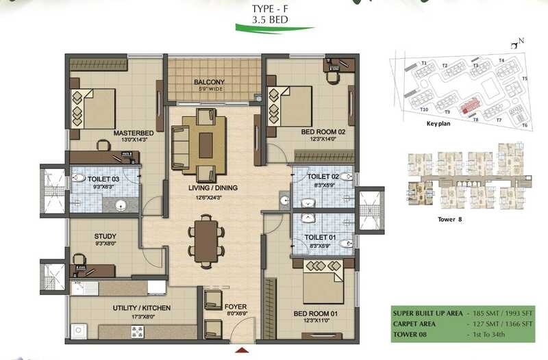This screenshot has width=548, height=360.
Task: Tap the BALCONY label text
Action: pos(209,81)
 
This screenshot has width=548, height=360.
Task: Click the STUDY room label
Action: pos(105,237)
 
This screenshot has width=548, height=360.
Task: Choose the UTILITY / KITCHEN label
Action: pos(142,308)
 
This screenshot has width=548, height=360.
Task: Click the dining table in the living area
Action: pos(206,237)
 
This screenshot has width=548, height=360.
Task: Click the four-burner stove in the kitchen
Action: pos(138,332)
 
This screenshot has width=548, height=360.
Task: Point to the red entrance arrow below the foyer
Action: pos(240,350)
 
